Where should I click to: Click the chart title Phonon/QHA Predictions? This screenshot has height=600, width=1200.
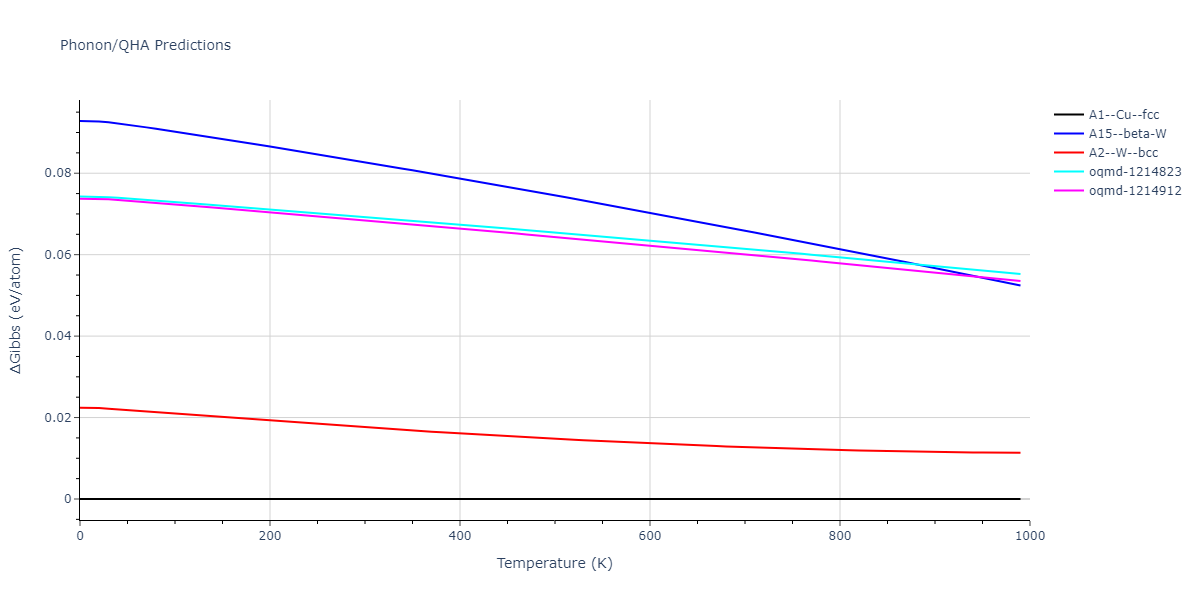pyautogui.click(x=145, y=45)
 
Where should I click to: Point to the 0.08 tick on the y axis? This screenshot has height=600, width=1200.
pyautogui.click(x=58, y=173)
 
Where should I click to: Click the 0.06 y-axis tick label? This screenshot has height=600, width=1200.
pyautogui.click(x=58, y=255)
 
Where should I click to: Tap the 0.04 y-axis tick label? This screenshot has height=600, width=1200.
pyautogui.click(x=58, y=336)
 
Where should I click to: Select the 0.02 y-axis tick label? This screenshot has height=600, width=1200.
pyautogui.click(x=58, y=418)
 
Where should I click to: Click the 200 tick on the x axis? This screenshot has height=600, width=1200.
pyautogui.click(x=270, y=536)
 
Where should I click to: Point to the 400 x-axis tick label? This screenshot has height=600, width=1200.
pyautogui.click(x=460, y=536)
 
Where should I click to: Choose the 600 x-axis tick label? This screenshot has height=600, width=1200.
pyautogui.click(x=650, y=536)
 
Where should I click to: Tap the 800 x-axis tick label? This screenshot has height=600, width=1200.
pyautogui.click(x=840, y=536)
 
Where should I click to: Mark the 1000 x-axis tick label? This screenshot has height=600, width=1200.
pyautogui.click(x=1030, y=536)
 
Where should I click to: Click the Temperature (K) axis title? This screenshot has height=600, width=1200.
pyautogui.click(x=555, y=563)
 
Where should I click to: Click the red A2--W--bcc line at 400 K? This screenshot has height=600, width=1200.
pyautogui.click(x=460, y=433)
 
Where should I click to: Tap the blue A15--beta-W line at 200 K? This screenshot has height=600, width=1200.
pyautogui.click(x=270, y=146)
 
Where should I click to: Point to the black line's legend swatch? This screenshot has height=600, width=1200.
pyautogui.click(x=1069, y=115)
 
